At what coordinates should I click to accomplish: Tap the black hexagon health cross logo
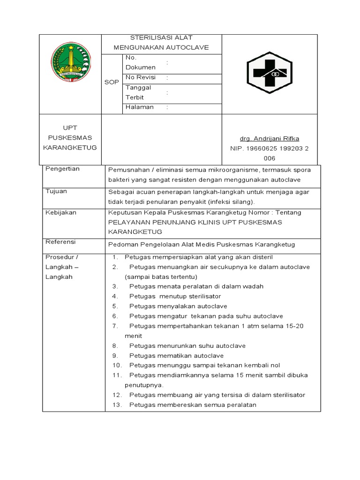270,73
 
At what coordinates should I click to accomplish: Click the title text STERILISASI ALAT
161,37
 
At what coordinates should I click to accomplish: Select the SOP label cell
112,82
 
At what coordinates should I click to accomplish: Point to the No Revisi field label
140,77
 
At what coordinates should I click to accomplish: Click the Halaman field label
139,107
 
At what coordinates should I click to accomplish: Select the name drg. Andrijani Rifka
269,138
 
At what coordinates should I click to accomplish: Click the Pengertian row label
62,169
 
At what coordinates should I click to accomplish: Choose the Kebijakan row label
61,212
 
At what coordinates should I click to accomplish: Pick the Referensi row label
60,242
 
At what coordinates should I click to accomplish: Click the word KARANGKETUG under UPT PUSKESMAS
70,148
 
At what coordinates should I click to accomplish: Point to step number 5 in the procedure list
114,306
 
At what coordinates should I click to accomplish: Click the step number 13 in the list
116,405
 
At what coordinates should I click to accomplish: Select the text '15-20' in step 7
294,326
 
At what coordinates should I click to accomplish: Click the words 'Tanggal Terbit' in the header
137,92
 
